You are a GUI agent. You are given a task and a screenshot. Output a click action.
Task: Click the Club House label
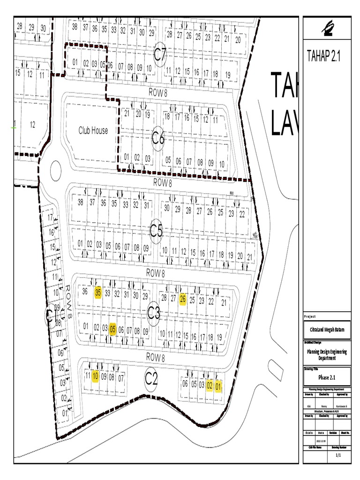click(x=93, y=131)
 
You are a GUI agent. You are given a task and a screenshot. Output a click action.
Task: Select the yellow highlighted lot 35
click(x=98, y=292)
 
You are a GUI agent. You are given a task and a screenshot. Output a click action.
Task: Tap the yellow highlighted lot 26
click(x=183, y=299)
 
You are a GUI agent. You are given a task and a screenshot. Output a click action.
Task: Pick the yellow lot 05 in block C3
click(x=112, y=329)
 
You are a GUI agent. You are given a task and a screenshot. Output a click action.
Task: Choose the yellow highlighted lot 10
click(x=95, y=375)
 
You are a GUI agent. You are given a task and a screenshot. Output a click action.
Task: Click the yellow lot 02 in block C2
click(x=210, y=385)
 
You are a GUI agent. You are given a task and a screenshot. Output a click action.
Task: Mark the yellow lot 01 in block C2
click(x=218, y=387)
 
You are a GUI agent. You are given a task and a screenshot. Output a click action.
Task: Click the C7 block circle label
click(x=160, y=55)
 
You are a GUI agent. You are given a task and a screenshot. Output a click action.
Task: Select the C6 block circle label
click(x=158, y=138)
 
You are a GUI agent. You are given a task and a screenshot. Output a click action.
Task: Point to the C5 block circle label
click(x=156, y=231)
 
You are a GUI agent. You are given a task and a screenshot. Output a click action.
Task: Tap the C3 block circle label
click(x=154, y=312)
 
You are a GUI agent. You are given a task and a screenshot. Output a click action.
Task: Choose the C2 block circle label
click(x=150, y=379)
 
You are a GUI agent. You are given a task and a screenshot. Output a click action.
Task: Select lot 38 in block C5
click(x=80, y=202)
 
